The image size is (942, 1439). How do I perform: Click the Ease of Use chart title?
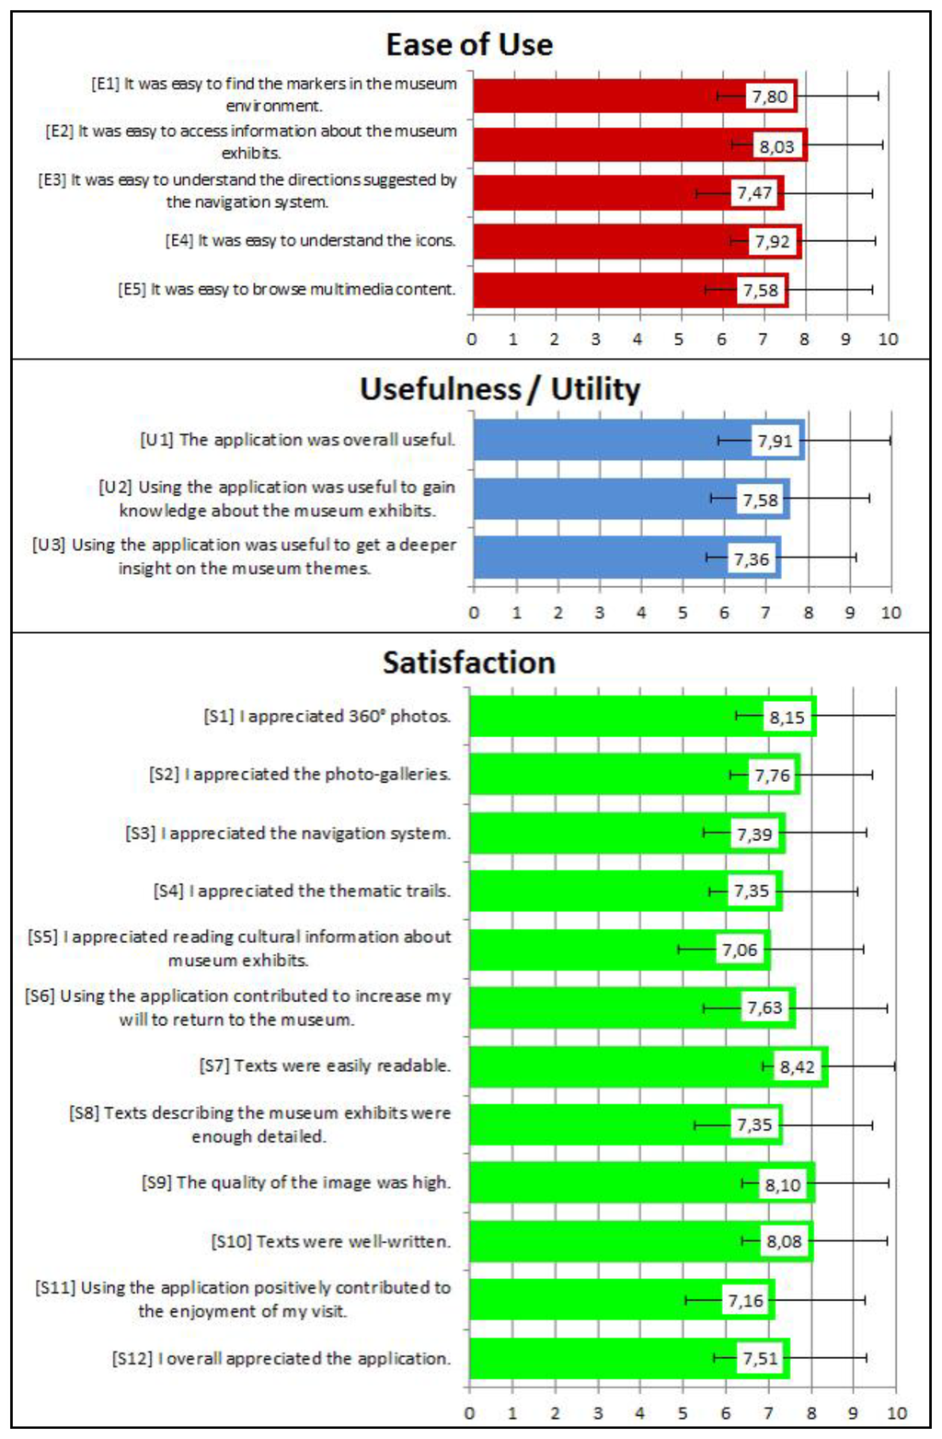(469, 44)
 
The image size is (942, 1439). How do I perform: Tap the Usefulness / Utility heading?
(500, 389)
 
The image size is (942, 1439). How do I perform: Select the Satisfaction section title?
(469, 662)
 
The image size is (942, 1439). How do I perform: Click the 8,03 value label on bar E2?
(776, 146)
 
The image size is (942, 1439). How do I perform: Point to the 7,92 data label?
(773, 242)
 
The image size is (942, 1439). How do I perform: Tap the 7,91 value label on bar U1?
(775, 441)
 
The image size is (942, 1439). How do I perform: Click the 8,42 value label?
(797, 1066)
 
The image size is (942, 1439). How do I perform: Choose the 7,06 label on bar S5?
(740, 950)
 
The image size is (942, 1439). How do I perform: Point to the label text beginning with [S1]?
(327, 716)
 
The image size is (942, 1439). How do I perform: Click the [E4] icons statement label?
(310, 241)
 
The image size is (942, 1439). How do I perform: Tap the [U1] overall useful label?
(297, 440)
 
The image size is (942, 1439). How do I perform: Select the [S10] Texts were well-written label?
(331, 1241)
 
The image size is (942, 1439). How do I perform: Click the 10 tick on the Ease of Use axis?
(888, 340)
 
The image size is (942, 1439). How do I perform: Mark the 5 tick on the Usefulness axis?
(683, 613)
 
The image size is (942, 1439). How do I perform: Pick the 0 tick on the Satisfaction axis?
(470, 1413)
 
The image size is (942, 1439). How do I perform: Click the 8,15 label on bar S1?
(787, 718)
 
